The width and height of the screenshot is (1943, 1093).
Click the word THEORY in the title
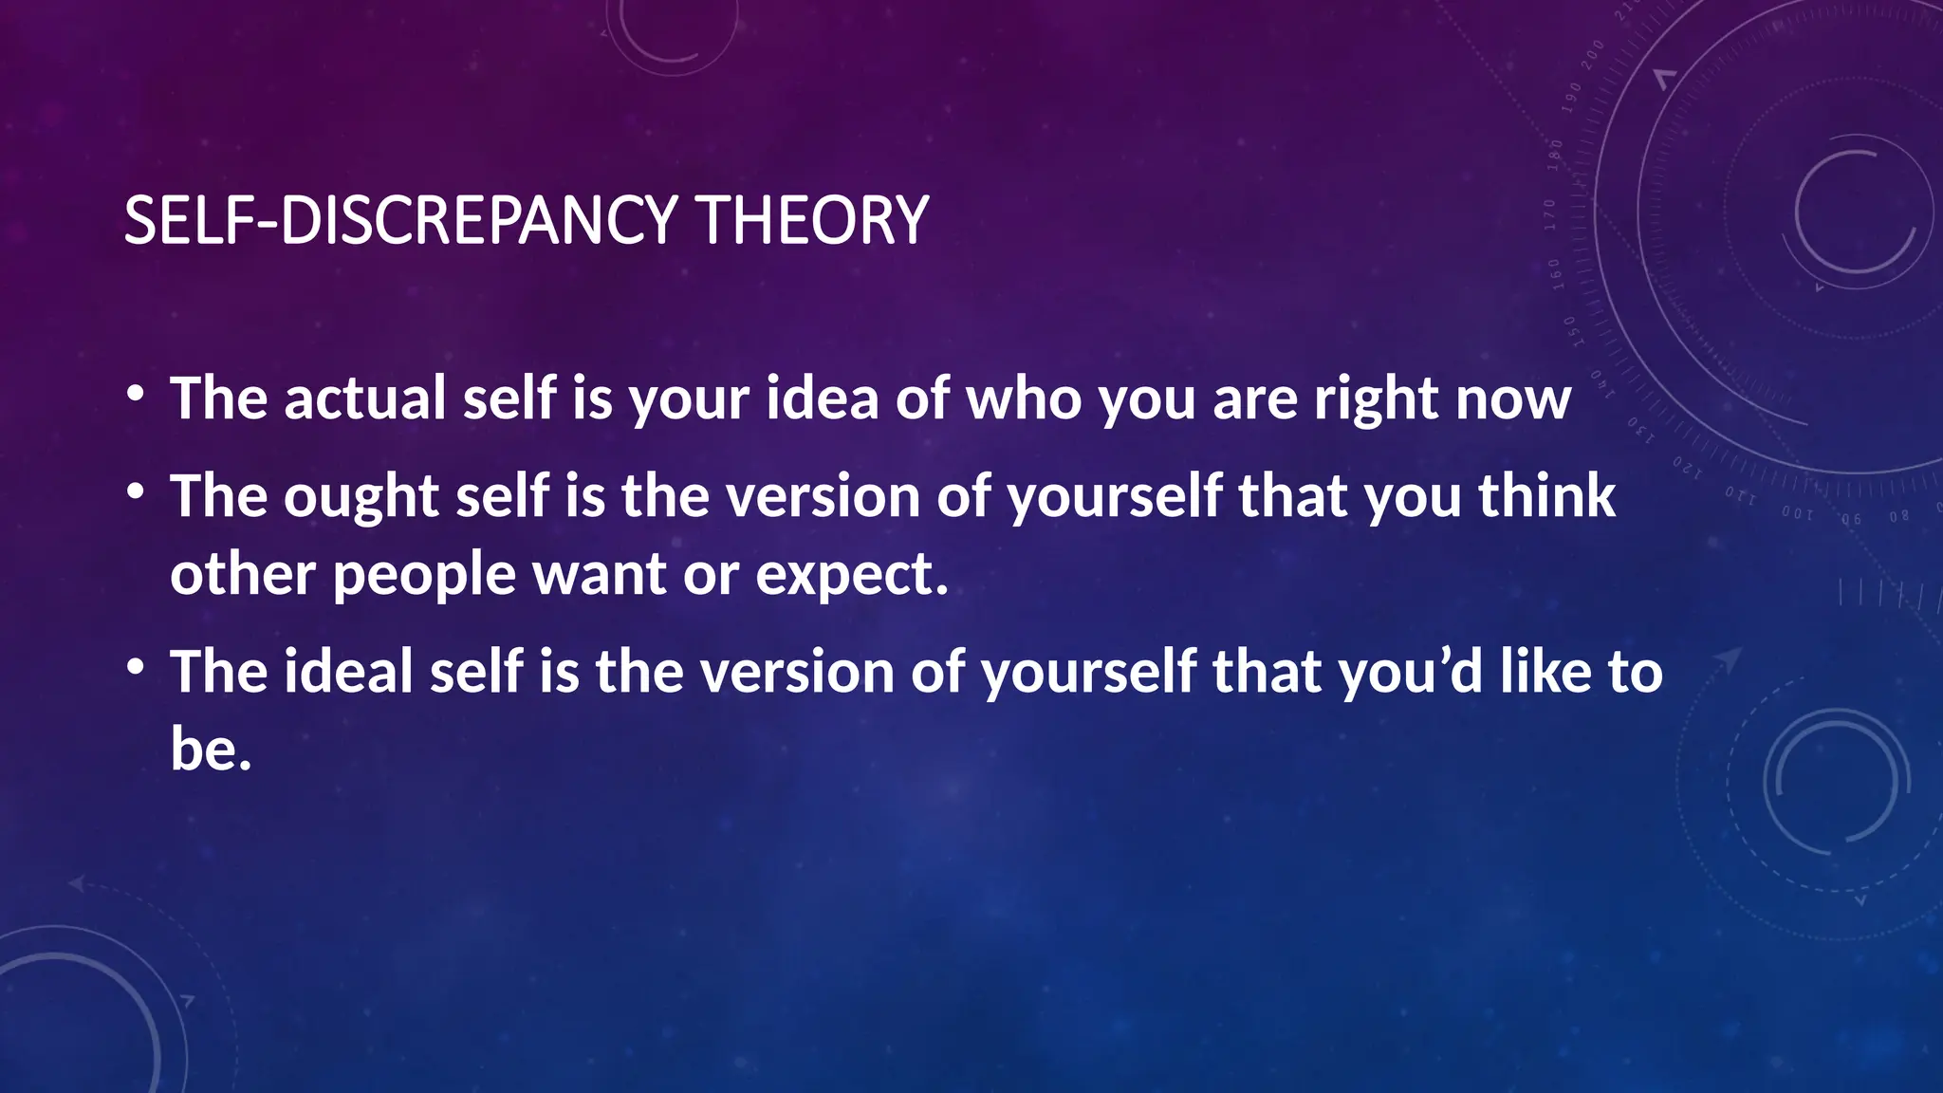(x=812, y=220)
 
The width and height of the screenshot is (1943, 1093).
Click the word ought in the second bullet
(x=361, y=497)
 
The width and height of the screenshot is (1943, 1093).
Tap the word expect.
(x=852, y=576)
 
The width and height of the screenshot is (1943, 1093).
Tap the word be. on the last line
(x=211, y=750)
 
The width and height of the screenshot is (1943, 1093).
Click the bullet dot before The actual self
(x=136, y=393)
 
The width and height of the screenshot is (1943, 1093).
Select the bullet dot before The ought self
(x=136, y=491)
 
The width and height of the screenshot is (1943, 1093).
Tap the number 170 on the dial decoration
(x=1550, y=214)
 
